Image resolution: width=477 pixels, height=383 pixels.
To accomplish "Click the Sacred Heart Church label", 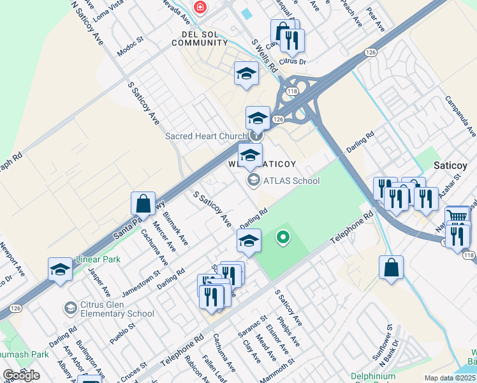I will tap(205, 136).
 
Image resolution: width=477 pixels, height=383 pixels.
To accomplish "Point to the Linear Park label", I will tap(98, 260).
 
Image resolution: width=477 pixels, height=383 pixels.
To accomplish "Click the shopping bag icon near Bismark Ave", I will tap(143, 204).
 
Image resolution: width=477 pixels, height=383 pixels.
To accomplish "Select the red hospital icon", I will tap(200, 7).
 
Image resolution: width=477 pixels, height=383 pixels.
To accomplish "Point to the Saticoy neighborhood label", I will tap(451, 165).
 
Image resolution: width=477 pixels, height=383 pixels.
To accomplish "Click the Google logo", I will tap(21, 375).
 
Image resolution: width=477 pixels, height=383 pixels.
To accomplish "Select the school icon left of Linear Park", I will tap(60, 269).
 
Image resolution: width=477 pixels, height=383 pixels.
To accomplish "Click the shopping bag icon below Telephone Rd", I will tap(391, 268).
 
